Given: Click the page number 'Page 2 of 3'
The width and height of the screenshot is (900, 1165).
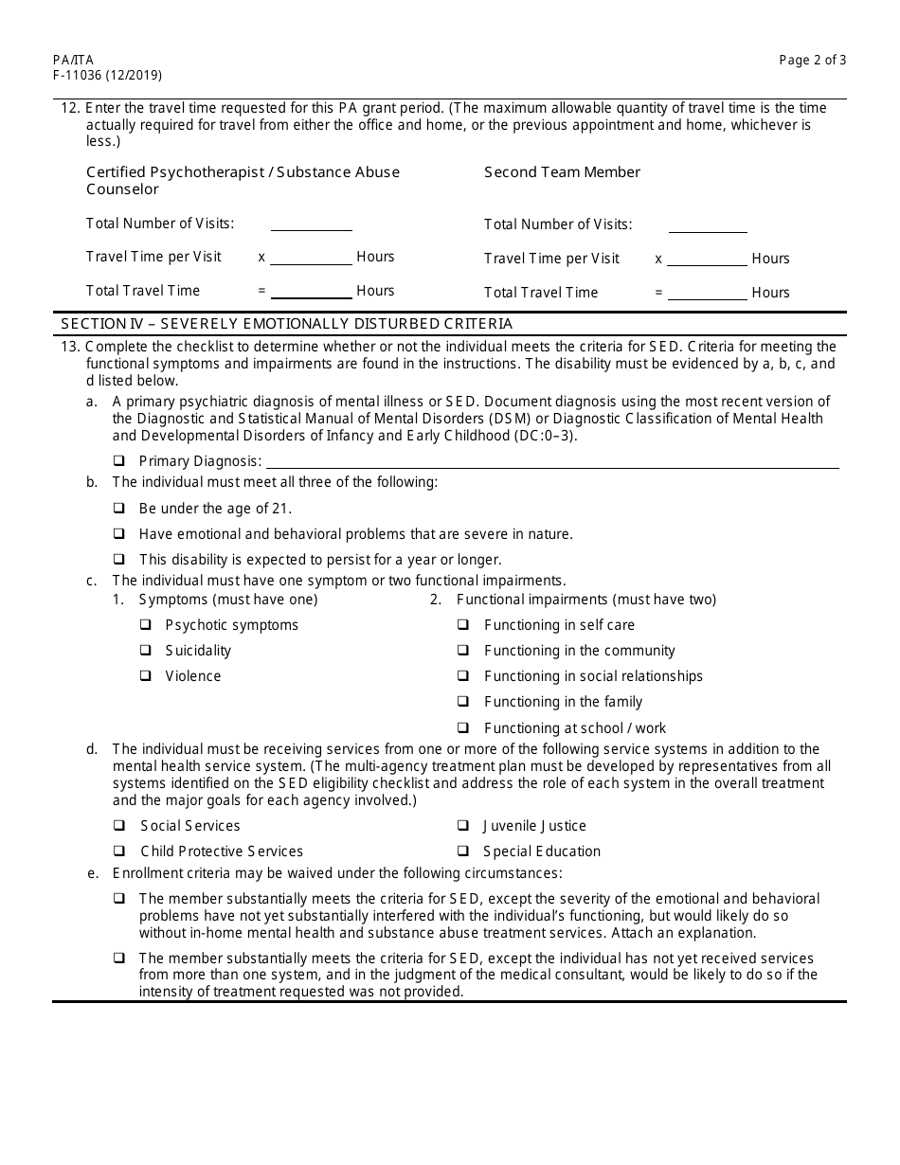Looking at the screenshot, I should click(812, 60).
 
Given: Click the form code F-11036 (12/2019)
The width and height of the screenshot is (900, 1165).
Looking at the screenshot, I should click(100, 76).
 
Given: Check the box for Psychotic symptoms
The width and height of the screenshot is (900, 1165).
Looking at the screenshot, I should click(146, 625).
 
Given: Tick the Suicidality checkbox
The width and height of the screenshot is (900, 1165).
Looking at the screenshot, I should click(146, 651).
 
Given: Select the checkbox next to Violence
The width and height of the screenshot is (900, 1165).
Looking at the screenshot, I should click(146, 676).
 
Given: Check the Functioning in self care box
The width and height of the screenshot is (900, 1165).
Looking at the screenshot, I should click(463, 625).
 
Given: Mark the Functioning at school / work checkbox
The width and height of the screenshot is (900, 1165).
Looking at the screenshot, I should click(463, 728).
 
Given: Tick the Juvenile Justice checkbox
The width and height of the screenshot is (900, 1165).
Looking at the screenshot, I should click(463, 826).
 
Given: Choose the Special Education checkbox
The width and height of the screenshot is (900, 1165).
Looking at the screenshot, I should click(463, 851).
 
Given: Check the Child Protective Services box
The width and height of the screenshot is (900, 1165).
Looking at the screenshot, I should click(119, 851).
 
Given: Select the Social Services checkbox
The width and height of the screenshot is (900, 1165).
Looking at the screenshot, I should click(119, 826).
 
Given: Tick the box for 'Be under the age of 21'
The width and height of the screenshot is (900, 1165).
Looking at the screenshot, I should click(119, 509).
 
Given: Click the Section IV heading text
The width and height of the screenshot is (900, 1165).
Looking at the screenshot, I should click(286, 324).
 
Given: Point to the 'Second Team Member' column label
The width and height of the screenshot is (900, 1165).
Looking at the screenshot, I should click(562, 172).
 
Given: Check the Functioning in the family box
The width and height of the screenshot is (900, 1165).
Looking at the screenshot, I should click(463, 702).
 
